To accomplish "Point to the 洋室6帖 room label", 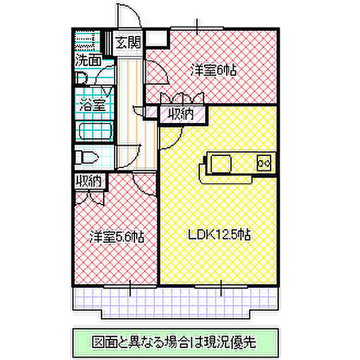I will click(214, 70).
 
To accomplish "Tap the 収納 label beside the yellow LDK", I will click(181, 115).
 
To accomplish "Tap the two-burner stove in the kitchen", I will click(265, 162).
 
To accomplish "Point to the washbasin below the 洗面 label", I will click(82, 77).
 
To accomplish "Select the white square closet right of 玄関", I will click(157, 40).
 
